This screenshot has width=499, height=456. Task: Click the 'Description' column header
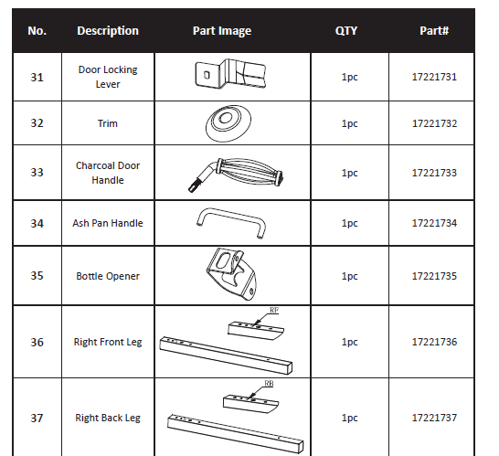(x=108, y=31)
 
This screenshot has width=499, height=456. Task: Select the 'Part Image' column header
(x=221, y=31)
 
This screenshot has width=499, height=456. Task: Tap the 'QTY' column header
(x=346, y=31)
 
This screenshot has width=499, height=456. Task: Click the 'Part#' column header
(x=433, y=31)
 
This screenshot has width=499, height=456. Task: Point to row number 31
(x=37, y=77)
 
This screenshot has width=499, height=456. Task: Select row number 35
(x=37, y=275)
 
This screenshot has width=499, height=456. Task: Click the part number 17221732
(x=434, y=123)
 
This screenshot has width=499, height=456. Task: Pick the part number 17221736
(x=434, y=343)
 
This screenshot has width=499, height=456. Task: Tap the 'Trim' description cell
(x=108, y=123)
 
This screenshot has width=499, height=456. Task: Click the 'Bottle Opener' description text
(x=108, y=276)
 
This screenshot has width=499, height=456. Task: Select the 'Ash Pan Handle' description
(x=108, y=223)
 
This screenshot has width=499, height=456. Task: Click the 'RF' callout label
(x=273, y=312)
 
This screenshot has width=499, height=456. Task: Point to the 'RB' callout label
(x=269, y=384)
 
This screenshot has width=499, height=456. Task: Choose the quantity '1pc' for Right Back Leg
(x=349, y=419)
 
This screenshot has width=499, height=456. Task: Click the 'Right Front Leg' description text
(x=108, y=343)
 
